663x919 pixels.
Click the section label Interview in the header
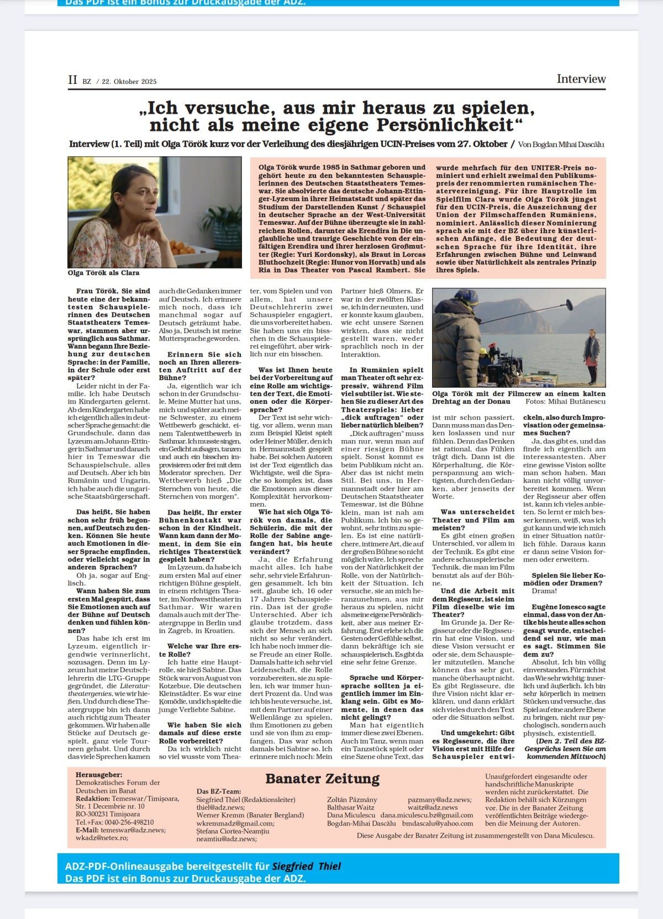click(x=581, y=79)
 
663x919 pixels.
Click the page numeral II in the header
click(x=72, y=80)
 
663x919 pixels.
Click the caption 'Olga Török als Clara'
click(x=103, y=273)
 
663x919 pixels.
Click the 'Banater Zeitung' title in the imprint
click(x=322, y=779)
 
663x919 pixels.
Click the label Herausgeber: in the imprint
click(x=99, y=775)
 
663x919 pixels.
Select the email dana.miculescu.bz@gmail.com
click(x=427, y=815)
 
